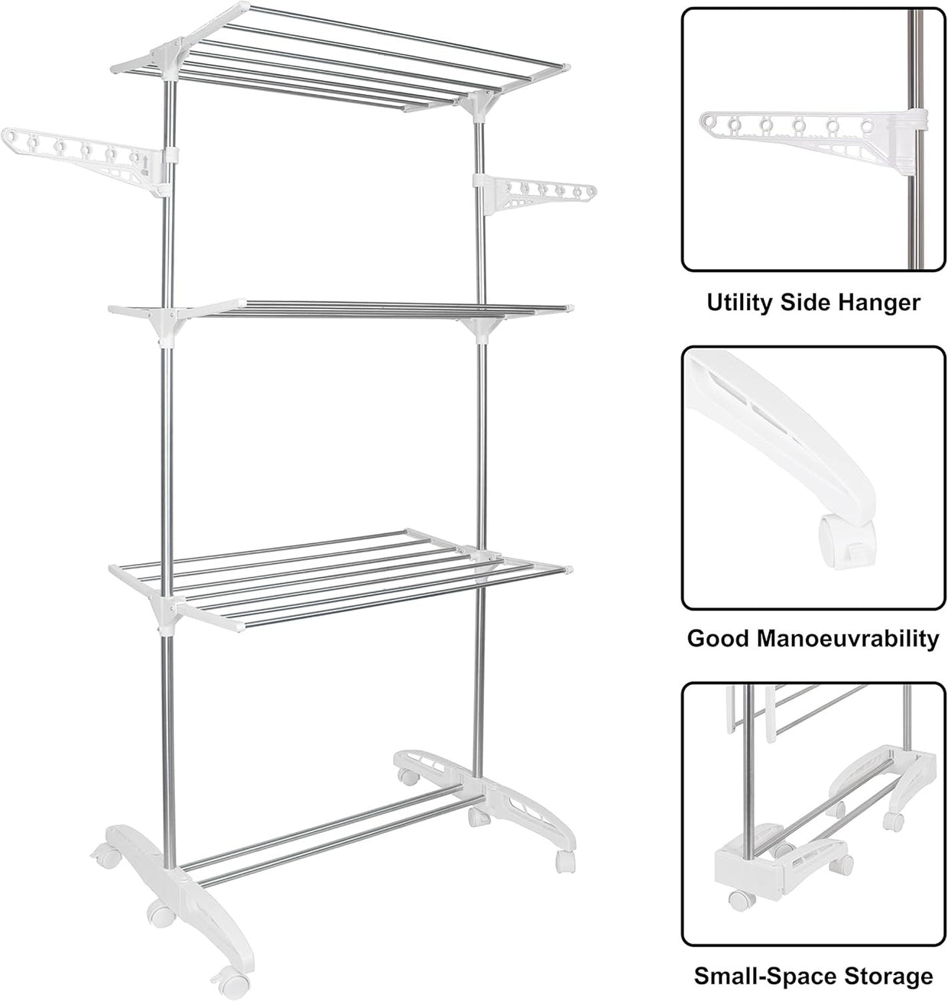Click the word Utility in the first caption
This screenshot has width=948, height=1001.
(x=741, y=303)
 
